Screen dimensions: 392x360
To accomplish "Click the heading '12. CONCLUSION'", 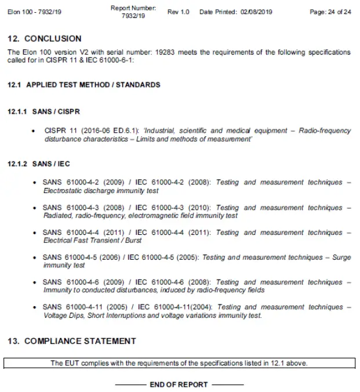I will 44,39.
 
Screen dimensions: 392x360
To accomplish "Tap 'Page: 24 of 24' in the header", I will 330,12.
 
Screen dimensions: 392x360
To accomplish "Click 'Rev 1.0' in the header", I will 178,12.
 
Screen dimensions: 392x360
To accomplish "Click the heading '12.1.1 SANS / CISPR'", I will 43,111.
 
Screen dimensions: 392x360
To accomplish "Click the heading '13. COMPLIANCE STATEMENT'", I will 72,341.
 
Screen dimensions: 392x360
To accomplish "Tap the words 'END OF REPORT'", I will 179,384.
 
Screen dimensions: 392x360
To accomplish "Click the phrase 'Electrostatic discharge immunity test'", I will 101,191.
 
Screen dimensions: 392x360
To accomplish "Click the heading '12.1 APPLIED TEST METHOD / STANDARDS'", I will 83,85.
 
